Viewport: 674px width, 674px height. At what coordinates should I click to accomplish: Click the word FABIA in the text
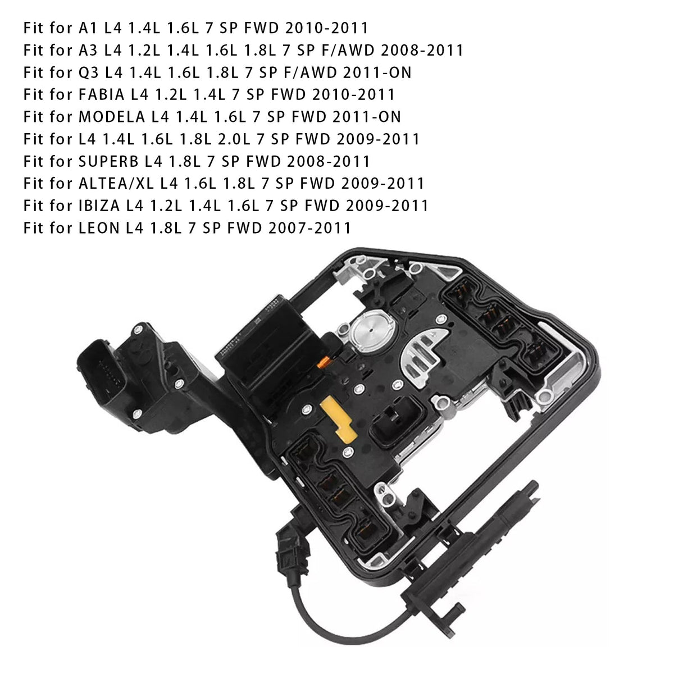pyautogui.click(x=102, y=94)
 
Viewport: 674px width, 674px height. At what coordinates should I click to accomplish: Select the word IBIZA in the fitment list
pyautogui.click(x=99, y=206)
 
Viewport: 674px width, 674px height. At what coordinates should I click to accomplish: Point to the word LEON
pyautogui.click(x=99, y=228)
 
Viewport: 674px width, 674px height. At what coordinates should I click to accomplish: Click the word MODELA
pyautogui.click(x=112, y=117)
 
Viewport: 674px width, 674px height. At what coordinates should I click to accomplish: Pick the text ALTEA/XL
pyautogui.click(x=116, y=183)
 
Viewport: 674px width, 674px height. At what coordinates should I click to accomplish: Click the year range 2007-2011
pyautogui.click(x=309, y=228)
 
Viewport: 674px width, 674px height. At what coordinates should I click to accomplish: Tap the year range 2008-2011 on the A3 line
pyautogui.click(x=422, y=50)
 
